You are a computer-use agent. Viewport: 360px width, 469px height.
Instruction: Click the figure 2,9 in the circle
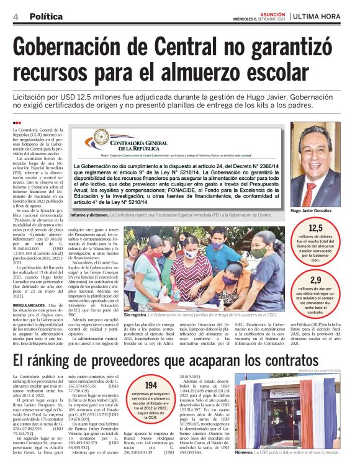(x=333, y=280)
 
